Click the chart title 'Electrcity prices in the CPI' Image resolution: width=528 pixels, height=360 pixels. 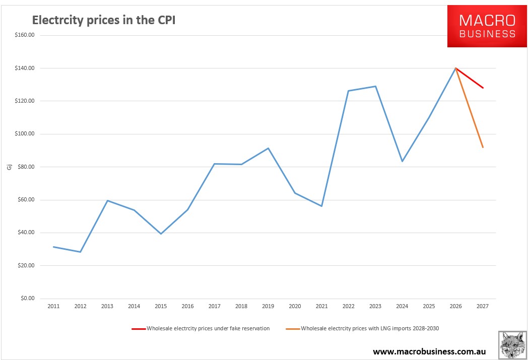[104, 20]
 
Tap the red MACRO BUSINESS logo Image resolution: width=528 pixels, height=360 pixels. [487, 26]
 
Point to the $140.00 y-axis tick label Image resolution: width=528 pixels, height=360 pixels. [24, 68]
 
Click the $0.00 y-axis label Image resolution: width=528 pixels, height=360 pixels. [26, 299]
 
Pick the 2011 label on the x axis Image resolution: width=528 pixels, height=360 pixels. [53, 306]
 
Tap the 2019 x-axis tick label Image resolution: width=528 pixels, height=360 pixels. [268, 306]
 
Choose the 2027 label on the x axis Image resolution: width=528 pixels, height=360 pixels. [483, 306]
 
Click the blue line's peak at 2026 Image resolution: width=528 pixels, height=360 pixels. [455, 68]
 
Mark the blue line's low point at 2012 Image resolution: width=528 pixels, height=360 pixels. [80, 252]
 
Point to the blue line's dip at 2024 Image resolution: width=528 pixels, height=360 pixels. [402, 161]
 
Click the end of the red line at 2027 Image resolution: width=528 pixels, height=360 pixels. [483, 88]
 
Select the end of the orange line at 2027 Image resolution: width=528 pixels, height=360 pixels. [483, 147]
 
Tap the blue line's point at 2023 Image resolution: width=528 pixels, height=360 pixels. [375, 86]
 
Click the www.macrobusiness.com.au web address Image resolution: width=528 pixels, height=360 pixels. [429, 351]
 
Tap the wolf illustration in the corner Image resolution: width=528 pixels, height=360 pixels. [512, 345]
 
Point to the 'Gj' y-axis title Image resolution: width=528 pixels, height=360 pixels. [9, 167]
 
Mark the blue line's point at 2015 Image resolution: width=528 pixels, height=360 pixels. [161, 234]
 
